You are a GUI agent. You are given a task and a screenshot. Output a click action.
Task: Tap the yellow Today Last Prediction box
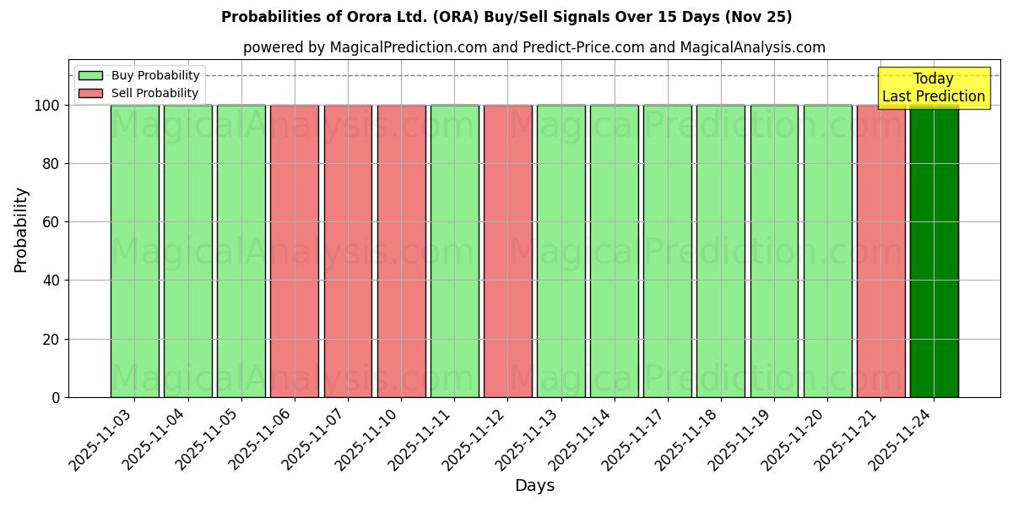933,88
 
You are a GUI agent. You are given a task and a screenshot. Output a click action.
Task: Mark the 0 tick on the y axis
55,397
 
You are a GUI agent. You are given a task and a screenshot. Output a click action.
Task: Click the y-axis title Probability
21,229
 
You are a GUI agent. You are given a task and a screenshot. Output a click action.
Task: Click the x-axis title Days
534,486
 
